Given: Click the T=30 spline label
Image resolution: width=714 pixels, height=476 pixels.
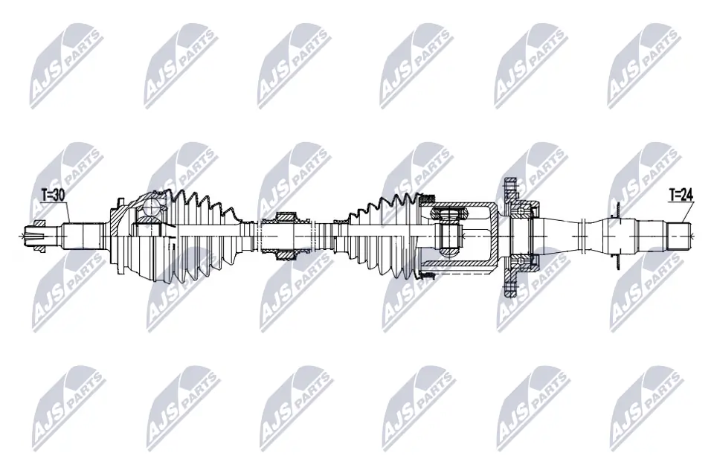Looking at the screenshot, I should (x=53, y=195).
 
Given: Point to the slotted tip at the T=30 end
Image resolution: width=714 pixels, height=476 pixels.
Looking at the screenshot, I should (x=34, y=236).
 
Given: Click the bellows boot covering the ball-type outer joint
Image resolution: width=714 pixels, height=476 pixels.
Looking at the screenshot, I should (x=201, y=236).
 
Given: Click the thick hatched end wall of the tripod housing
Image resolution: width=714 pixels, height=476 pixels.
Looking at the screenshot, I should (x=492, y=236).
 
